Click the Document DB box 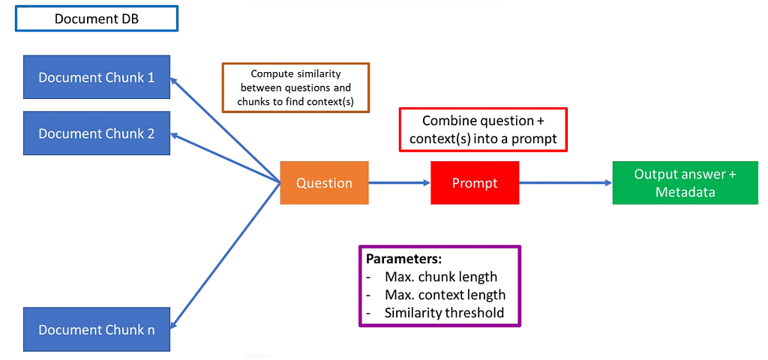(x=97, y=19)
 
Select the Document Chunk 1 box (x=97, y=77)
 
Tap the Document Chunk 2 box (x=97, y=133)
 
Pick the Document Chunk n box (x=97, y=330)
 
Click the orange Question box (x=324, y=183)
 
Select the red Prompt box (x=475, y=183)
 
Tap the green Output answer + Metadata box (x=685, y=183)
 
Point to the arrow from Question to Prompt (x=400, y=183)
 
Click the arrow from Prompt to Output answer (x=565, y=183)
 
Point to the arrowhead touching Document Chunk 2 (x=175, y=136)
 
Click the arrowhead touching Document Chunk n (x=174, y=324)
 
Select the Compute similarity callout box (x=295, y=88)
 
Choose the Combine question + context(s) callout (x=483, y=130)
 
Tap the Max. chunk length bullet (x=432, y=277)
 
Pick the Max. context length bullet (x=436, y=295)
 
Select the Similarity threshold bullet (x=436, y=313)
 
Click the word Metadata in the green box (x=685, y=191)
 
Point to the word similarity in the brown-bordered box (x=319, y=74)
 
